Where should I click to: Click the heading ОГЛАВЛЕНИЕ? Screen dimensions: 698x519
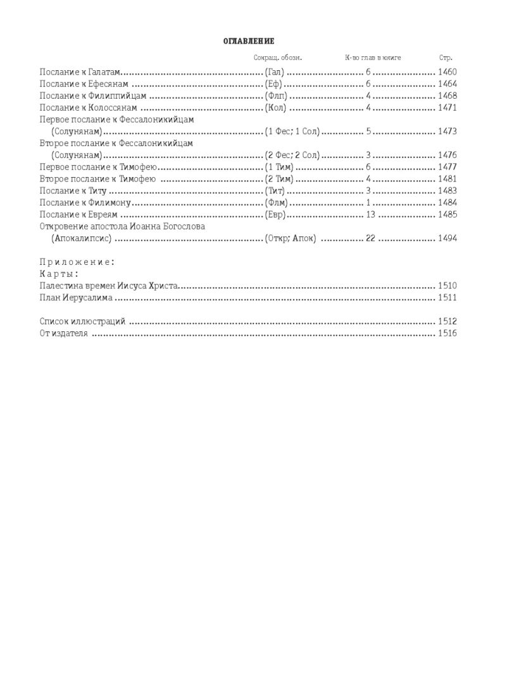[x=249, y=41]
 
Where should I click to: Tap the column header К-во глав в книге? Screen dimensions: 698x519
[x=373, y=58]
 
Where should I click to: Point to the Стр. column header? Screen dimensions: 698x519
[x=446, y=58]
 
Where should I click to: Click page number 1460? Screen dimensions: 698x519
[x=447, y=72]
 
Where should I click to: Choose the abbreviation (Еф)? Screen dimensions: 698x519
[x=273, y=84]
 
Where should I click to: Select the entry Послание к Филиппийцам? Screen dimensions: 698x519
[x=93, y=96]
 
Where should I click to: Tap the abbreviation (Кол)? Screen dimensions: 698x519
[x=275, y=108]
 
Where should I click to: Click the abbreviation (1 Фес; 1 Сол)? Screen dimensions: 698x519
[x=292, y=132]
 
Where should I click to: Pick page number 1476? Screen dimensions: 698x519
[x=447, y=156]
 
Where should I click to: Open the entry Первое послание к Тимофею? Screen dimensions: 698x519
[x=98, y=168]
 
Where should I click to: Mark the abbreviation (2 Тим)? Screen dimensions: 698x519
[x=278, y=180]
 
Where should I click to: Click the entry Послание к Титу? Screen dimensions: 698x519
[x=72, y=191]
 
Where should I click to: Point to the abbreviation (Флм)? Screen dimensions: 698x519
[x=276, y=203]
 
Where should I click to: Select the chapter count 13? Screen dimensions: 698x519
[x=371, y=215]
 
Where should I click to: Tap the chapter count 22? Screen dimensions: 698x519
[x=371, y=239]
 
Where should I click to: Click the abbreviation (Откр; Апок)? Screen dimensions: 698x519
[x=290, y=239]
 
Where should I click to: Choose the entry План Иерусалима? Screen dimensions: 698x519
[x=76, y=297]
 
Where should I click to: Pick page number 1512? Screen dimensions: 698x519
[x=447, y=322]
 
